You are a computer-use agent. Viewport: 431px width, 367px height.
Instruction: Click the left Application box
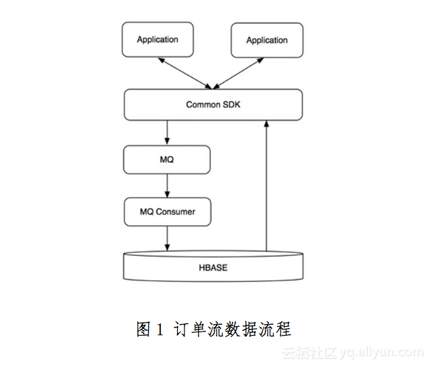click(157, 40)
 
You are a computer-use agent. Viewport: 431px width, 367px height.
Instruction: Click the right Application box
click(266, 40)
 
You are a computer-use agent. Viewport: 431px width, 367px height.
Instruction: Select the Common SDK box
click(212, 104)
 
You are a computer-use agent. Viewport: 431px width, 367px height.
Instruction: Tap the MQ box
click(167, 159)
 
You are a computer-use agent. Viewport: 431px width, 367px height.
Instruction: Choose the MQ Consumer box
click(167, 211)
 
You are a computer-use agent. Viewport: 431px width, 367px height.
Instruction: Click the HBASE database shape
click(212, 267)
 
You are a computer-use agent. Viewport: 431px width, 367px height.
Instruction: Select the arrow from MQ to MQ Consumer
click(167, 186)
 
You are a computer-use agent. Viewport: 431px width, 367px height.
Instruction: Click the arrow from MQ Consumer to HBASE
click(167, 238)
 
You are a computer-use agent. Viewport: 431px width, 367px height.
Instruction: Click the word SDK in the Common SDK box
click(232, 104)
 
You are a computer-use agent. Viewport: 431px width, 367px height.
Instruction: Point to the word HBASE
click(212, 267)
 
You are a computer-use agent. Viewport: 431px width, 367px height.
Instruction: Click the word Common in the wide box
click(203, 104)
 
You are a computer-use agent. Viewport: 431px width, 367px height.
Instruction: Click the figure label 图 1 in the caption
click(150, 329)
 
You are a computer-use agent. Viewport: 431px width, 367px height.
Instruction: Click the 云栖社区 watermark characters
click(309, 353)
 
